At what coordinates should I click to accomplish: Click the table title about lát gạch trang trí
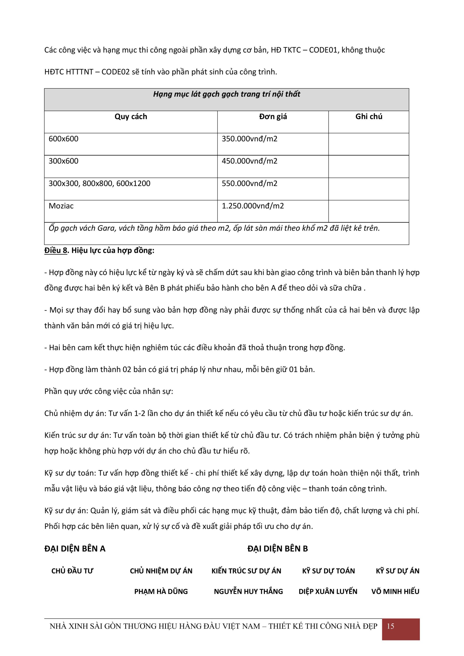click(x=226, y=94)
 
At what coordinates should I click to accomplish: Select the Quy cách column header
click(x=131, y=117)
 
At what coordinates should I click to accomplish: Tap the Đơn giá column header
click(x=273, y=117)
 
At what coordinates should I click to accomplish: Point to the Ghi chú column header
click(x=369, y=117)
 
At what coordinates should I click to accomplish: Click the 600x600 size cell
click(x=64, y=139)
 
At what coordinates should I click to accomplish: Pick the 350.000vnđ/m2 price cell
click(x=249, y=139)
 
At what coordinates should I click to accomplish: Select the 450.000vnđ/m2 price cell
click(x=249, y=161)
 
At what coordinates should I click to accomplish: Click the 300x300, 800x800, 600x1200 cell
click(x=99, y=183)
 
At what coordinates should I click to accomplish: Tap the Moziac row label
click(x=61, y=206)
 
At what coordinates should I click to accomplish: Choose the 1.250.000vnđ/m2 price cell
click(x=253, y=206)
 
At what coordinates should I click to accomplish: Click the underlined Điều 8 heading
click(x=56, y=250)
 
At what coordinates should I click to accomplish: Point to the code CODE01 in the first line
click(x=321, y=50)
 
